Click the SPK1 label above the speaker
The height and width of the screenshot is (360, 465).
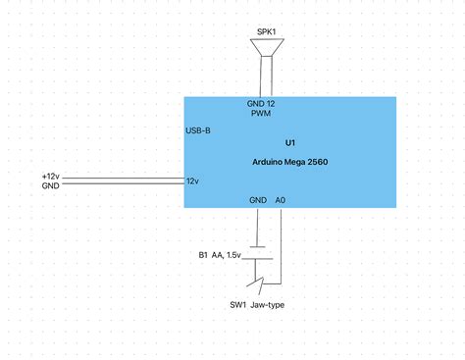[x=266, y=31]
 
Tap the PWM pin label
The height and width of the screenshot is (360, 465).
[x=261, y=113]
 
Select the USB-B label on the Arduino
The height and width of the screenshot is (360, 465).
[x=198, y=131]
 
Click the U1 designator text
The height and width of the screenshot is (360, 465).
[x=289, y=142]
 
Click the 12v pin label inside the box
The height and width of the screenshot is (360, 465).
[x=193, y=181]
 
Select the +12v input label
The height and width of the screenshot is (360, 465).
[x=52, y=176]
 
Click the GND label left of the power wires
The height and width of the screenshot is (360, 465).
[x=51, y=185]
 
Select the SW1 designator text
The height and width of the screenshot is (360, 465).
[x=237, y=305]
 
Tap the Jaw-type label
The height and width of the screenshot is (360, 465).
[x=268, y=305]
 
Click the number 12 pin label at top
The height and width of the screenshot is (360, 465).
[x=270, y=103]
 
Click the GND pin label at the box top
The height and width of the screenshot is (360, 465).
[x=254, y=103]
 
